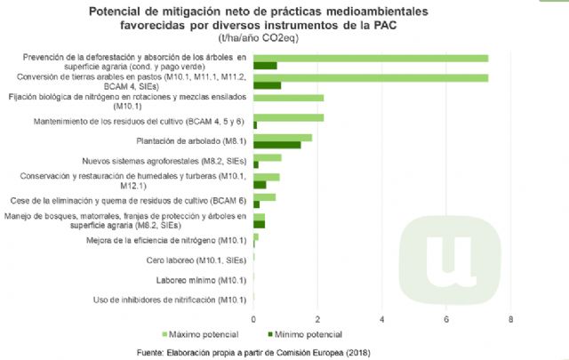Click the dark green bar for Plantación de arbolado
coord(276,145)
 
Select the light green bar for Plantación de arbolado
coord(283,138)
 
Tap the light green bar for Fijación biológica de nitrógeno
coord(289,98)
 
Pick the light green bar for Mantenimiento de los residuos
coord(289,117)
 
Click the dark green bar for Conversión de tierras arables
coord(267,85)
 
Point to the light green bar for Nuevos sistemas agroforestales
coord(268,157)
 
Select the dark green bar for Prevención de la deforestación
coord(265,66)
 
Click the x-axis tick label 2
coord(318,318)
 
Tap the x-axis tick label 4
coord(382,318)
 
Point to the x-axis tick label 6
coord(446,318)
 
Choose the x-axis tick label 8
coord(510,318)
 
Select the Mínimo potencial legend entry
coord(307,334)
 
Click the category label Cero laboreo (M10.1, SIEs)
coord(196,260)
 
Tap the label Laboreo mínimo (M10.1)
coord(201,280)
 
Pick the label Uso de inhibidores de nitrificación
coord(169,300)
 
